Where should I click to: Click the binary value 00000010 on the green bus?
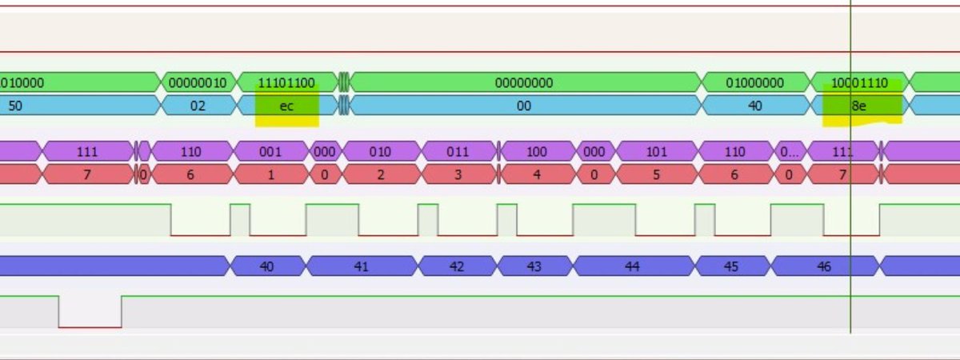(197, 82)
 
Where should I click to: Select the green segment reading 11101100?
(286, 82)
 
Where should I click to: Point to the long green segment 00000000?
(524, 82)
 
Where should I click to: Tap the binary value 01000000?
(754, 82)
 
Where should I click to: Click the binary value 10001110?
(860, 82)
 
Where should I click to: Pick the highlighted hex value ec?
(286, 106)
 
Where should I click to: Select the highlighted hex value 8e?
(858, 106)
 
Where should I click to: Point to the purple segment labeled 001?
(270, 151)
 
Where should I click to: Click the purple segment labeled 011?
(458, 151)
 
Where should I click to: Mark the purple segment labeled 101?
(656, 151)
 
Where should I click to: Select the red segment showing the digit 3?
(458, 174)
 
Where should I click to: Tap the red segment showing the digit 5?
(656, 174)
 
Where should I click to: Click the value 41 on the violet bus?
(361, 266)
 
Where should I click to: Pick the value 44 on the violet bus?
(632, 266)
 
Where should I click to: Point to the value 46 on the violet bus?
(824, 266)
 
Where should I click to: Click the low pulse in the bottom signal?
(90, 320)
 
